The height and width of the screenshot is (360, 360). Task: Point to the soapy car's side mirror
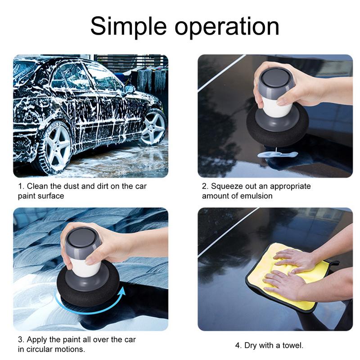coord(129,88)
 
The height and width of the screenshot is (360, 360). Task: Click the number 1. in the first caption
coord(21,186)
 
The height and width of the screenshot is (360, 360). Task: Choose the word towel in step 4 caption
coord(292,346)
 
